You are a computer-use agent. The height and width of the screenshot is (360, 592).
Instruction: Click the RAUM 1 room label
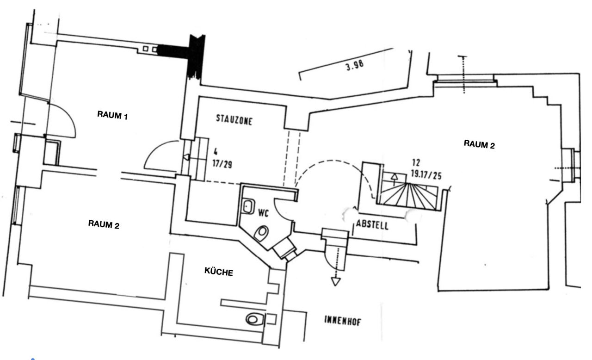112,115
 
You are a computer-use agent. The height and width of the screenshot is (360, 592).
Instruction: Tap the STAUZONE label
234,120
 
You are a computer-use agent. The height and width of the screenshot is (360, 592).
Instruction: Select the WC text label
263,213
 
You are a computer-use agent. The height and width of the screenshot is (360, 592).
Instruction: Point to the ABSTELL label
372,225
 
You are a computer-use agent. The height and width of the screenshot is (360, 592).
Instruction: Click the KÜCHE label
219,272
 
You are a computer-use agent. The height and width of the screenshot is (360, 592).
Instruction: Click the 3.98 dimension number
355,65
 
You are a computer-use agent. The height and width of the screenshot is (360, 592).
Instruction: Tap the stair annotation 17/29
222,164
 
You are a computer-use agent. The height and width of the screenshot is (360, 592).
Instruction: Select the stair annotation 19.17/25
426,174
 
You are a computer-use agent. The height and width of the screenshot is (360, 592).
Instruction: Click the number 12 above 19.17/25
416,162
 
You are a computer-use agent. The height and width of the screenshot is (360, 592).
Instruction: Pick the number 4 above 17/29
216,152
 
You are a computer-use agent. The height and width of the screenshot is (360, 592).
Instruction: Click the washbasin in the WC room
248,206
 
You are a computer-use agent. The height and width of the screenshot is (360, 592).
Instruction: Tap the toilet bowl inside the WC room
261,233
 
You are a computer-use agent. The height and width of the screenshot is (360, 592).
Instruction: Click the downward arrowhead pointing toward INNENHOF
336,281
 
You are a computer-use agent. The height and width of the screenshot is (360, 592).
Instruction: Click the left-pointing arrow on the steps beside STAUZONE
186,157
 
